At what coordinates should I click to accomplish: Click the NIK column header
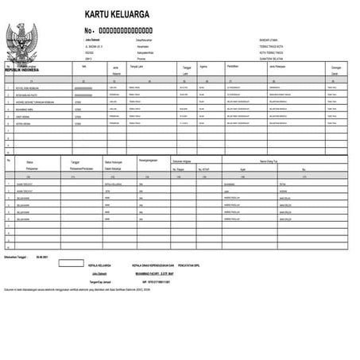[83, 68]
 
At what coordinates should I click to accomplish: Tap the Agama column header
[204, 68]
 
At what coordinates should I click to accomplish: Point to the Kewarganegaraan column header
[148, 161]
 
